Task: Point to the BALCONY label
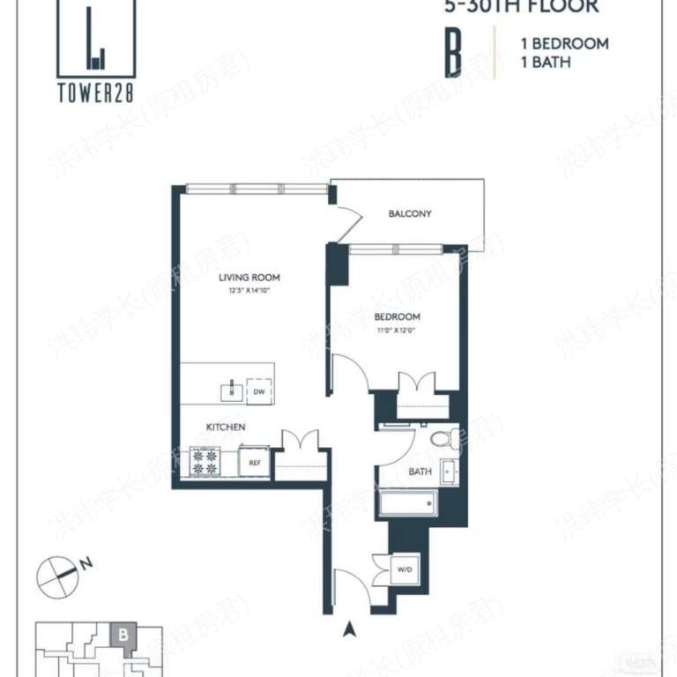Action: click(x=410, y=214)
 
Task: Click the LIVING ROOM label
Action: click(x=249, y=278)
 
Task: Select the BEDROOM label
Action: click(x=397, y=316)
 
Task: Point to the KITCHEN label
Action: click(x=226, y=427)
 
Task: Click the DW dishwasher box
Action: click(x=259, y=391)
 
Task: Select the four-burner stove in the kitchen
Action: click(x=205, y=462)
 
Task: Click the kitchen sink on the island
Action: click(x=232, y=390)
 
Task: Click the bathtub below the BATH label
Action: click(x=406, y=503)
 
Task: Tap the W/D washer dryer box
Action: click(x=405, y=569)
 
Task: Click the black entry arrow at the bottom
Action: click(x=350, y=629)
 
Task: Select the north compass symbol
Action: click(x=56, y=575)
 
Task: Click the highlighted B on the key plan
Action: click(x=123, y=634)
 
